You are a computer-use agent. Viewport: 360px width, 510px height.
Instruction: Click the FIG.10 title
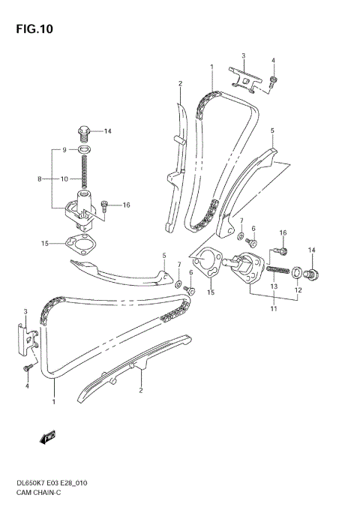click(31, 29)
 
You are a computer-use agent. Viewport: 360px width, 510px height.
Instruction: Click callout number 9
click(64, 150)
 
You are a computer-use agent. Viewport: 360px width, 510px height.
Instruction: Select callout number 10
click(65, 179)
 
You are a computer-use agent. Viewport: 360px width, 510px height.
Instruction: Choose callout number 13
click(274, 286)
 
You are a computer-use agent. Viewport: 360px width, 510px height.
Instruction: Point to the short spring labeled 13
click(277, 268)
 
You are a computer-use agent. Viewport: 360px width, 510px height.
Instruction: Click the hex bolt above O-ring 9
click(86, 133)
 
